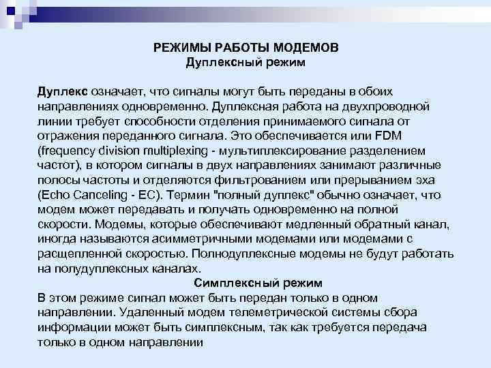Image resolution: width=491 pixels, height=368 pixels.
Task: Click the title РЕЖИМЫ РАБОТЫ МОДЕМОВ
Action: (x=245, y=48)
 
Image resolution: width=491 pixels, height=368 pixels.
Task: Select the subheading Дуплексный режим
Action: (x=245, y=63)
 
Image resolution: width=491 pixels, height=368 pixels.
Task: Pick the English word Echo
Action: (x=55, y=195)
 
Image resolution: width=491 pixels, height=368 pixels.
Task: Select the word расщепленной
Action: (x=78, y=254)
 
